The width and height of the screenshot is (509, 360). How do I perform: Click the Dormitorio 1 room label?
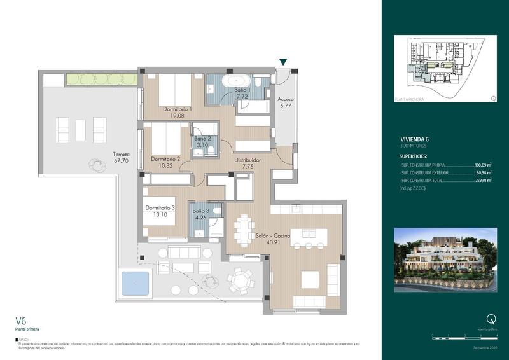coord(177,109)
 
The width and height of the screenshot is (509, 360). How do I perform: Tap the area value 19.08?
coord(177,116)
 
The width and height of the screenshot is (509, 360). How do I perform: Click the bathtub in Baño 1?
coord(235,81)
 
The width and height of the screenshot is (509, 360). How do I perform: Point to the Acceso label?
coord(286,99)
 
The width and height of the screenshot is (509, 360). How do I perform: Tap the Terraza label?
coord(122,154)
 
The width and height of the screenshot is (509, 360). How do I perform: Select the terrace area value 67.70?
coord(122,162)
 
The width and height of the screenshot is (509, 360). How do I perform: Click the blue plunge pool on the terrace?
coord(133,280)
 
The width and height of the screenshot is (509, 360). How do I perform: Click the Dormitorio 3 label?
coord(160,207)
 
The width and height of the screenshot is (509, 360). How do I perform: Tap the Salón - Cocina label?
coord(273,235)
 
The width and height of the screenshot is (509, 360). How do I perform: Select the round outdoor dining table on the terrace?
coord(241,279)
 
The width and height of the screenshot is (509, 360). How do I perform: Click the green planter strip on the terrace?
coord(102,79)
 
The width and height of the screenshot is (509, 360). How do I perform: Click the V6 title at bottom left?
coord(20,321)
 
